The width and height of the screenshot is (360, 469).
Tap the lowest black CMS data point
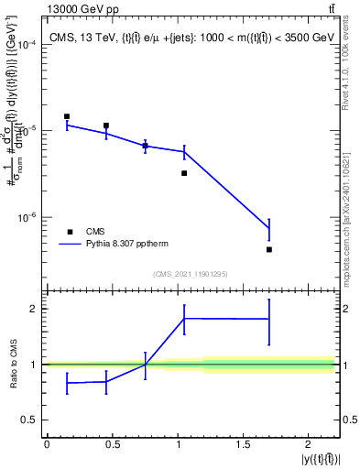269,249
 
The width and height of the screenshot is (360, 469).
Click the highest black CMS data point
67,116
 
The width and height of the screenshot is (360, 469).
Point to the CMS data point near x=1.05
184,173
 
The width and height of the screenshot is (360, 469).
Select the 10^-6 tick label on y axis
26,218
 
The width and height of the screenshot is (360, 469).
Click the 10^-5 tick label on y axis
26,131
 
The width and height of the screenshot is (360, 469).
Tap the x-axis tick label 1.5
242,444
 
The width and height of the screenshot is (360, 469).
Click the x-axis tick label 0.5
112,444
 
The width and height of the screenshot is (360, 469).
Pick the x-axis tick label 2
309,444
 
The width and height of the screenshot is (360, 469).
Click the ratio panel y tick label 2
34,309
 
